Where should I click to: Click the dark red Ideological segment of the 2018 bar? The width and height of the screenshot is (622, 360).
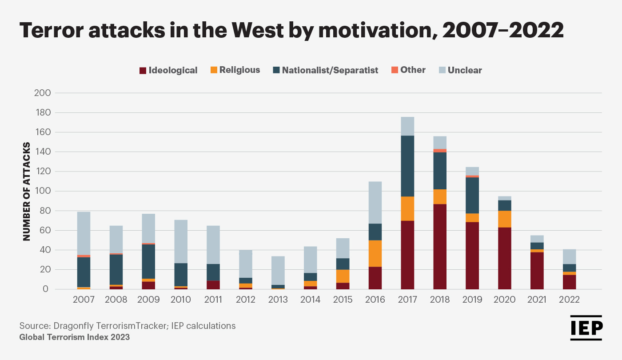440,247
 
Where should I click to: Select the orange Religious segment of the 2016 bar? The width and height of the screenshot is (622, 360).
375,254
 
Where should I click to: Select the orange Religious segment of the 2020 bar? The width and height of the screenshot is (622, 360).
505,219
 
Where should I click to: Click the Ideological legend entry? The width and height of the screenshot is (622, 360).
168,70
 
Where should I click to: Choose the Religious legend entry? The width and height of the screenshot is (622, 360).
235,70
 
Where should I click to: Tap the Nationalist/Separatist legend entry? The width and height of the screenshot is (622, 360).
326,70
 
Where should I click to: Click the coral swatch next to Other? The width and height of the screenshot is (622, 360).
394,70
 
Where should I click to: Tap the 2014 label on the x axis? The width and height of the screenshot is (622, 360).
311,300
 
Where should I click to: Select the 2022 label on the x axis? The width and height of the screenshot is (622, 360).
570,300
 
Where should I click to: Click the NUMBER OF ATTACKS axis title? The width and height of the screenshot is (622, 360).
27,191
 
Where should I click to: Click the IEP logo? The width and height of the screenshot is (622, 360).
586,328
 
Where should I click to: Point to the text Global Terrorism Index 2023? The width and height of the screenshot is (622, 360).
75,337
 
